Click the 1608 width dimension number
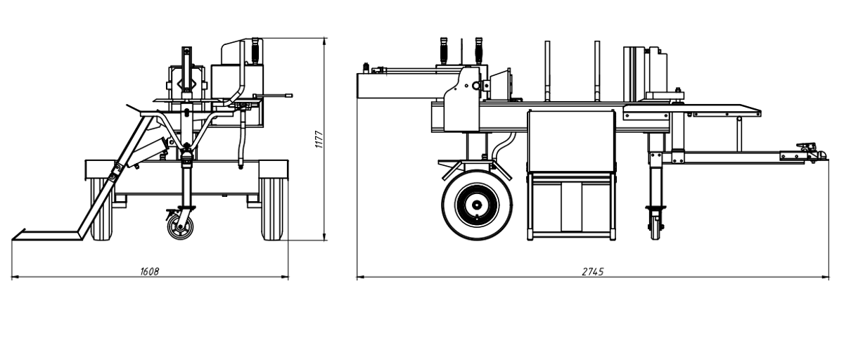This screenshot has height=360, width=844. click(x=150, y=271)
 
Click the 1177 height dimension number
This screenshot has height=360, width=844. click(x=319, y=139)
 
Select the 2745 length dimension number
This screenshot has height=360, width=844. click(x=593, y=271)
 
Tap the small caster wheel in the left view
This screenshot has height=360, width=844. click(x=180, y=226)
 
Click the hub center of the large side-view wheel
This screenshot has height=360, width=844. click(x=477, y=205)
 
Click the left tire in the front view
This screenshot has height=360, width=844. click(x=102, y=210)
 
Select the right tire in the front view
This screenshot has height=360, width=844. click(x=272, y=210)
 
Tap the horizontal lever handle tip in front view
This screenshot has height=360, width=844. click(x=289, y=96)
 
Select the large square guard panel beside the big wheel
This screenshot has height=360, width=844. click(x=571, y=141)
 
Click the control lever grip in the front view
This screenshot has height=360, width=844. click(x=255, y=49)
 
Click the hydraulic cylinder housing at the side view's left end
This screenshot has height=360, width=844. click(x=395, y=86)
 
